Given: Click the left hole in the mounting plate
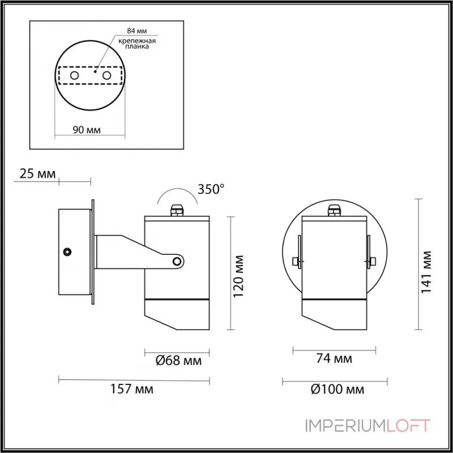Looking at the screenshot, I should [x=74, y=75].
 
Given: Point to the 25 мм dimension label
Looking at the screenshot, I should [x=37, y=174].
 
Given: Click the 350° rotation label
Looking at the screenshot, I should [x=212, y=190].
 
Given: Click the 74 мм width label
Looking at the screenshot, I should [x=333, y=358].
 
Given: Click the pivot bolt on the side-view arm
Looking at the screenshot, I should [x=178, y=261].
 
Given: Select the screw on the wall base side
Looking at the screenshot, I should [x=68, y=250].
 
